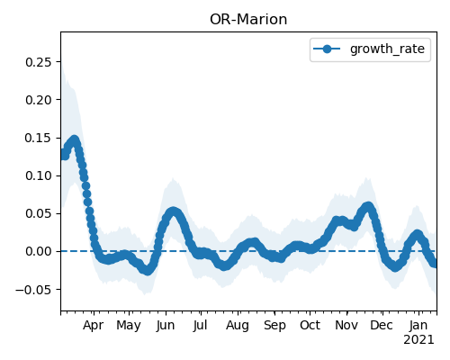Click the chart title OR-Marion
(248, 20)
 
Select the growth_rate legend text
(387, 49)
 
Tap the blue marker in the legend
(327, 49)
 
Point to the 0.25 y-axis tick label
(39, 62)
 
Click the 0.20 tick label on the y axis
(39, 100)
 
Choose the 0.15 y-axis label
(39, 138)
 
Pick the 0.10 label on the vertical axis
(39, 175)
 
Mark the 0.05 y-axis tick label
(39, 213)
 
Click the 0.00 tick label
(39, 251)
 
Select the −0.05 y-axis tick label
(33, 290)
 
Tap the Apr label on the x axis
(94, 325)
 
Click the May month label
(129, 326)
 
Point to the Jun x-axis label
(166, 326)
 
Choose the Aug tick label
(238, 326)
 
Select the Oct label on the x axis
(310, 325)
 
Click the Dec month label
(382, 325)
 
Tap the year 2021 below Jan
(418, 340)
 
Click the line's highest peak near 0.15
(74, 140)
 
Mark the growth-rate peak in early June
(173, 211)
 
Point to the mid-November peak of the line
(368, 206)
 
